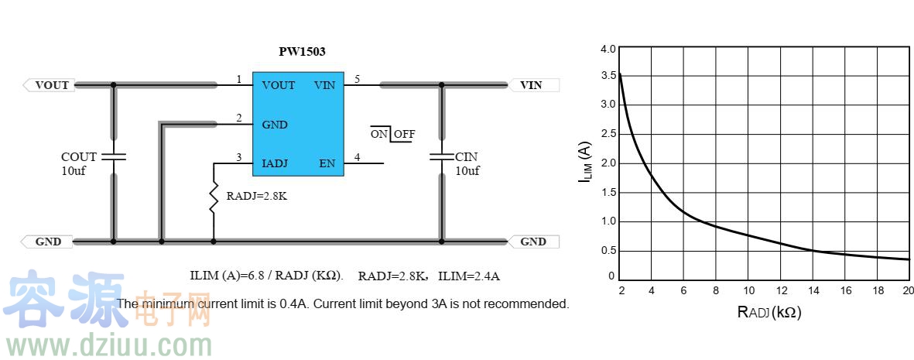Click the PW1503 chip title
[302, 52]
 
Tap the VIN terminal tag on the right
[532, 85]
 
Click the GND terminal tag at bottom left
[48, 242]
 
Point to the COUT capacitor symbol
[114, 156]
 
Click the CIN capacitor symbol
[442, 156]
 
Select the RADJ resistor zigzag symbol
[213, 197]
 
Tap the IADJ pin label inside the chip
[275, 163]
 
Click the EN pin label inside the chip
[327, 163]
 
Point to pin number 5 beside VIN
[357, 79]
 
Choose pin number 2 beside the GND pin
[239, 118]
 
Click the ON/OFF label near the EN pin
[392, 134]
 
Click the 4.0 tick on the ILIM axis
[608, 49]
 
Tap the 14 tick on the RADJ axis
[813, 290]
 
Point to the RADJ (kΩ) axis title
[769, 313]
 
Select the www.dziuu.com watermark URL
[107, 343]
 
